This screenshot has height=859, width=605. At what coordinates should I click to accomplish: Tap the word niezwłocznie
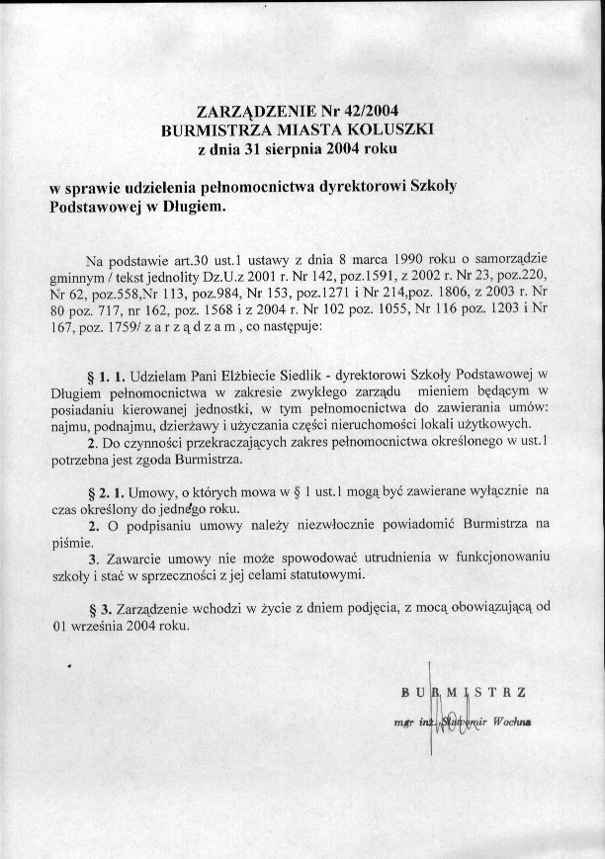pos(340,521)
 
